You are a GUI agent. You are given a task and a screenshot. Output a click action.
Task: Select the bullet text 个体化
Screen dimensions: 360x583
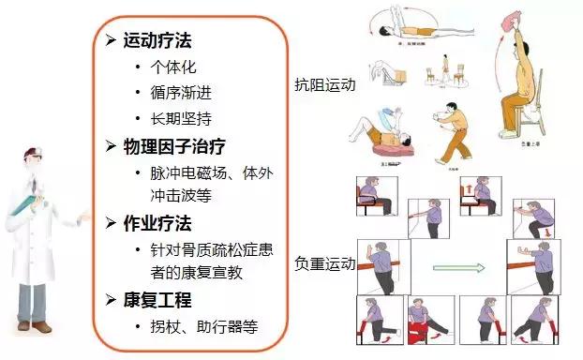point(172,67)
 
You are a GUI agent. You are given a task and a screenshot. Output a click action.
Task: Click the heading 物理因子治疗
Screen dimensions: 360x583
point(174,146)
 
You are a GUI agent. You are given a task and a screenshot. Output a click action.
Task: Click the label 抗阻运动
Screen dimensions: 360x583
point(325,85)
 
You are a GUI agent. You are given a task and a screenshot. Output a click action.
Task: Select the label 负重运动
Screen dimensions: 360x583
point(325,263)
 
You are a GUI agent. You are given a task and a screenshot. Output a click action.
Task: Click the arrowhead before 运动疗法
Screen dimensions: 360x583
point(111,42)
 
